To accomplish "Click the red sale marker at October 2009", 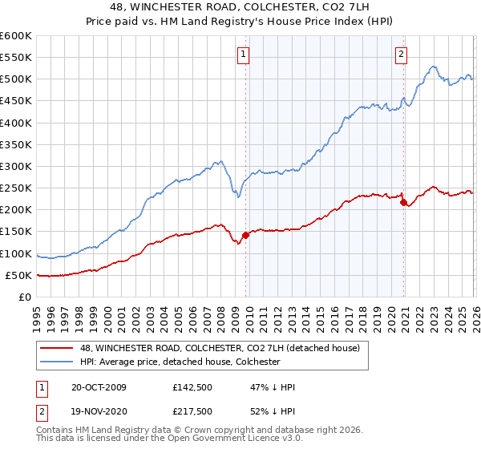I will pos(245,235).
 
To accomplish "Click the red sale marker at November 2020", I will pos(403,202).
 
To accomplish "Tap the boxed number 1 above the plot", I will pos(243,55).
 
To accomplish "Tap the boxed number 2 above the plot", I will pos(401,55).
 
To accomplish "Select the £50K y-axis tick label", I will pos(18,275).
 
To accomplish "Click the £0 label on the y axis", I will pos(25,297).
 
